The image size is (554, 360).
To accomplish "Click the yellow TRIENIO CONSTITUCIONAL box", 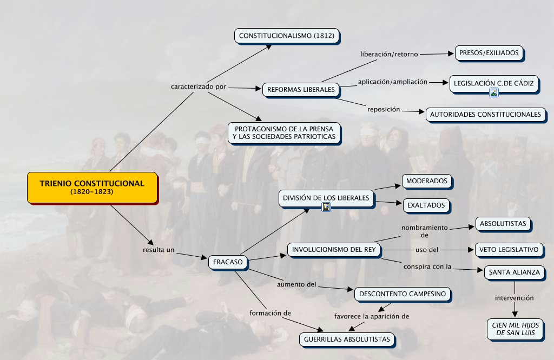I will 92,187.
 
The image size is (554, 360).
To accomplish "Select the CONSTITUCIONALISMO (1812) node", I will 287,36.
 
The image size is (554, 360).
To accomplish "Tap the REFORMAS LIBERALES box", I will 301,89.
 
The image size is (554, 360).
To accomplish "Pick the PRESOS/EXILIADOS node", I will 489,53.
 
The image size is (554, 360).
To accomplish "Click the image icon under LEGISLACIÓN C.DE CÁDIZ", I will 493,92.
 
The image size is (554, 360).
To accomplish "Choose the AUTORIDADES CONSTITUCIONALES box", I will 485,114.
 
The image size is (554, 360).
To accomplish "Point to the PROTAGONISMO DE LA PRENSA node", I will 285,132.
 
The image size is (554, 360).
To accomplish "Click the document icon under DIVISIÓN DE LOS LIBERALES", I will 326,207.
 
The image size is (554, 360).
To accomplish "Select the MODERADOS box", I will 427,181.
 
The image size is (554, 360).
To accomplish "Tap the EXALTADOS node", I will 426,205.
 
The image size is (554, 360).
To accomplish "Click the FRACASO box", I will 228,262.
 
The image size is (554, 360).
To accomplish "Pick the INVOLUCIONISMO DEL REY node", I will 334,249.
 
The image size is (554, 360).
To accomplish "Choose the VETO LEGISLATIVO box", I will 509,249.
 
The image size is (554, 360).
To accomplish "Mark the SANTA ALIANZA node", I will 514,272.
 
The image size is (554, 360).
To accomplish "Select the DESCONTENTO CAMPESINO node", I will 403,294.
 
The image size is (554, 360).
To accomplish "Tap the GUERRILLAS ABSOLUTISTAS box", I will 347,339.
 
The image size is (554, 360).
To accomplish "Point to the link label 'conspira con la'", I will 427,266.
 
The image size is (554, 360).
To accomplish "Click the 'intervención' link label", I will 515,298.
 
